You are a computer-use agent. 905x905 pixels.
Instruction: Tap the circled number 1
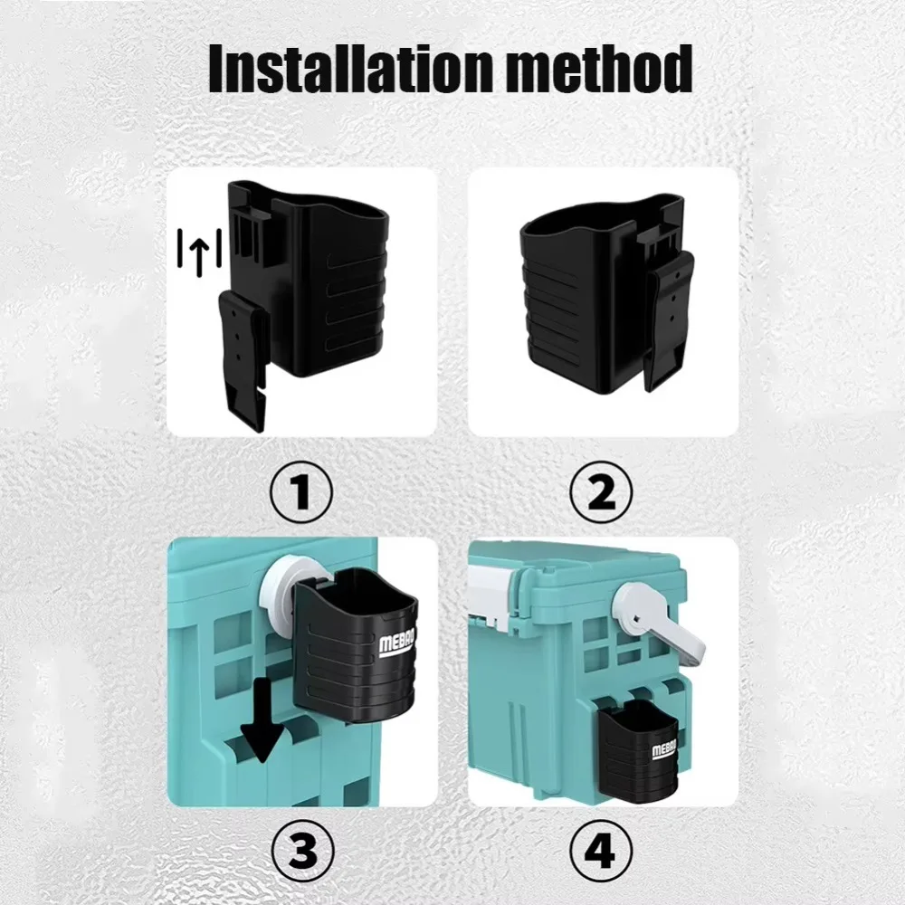click(301, 493)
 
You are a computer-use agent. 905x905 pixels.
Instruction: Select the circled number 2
click(602, 493)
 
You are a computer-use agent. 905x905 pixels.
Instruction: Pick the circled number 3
click(302, 851)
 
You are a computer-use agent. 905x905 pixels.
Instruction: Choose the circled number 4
click(602, 851)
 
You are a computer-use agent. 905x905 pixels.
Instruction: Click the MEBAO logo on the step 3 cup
click(396, 644)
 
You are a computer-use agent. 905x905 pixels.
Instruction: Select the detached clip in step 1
click(243, 359)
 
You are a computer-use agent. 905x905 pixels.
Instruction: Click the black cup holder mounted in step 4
click(641, 750)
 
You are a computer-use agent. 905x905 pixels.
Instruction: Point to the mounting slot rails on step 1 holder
click(250, 223)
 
